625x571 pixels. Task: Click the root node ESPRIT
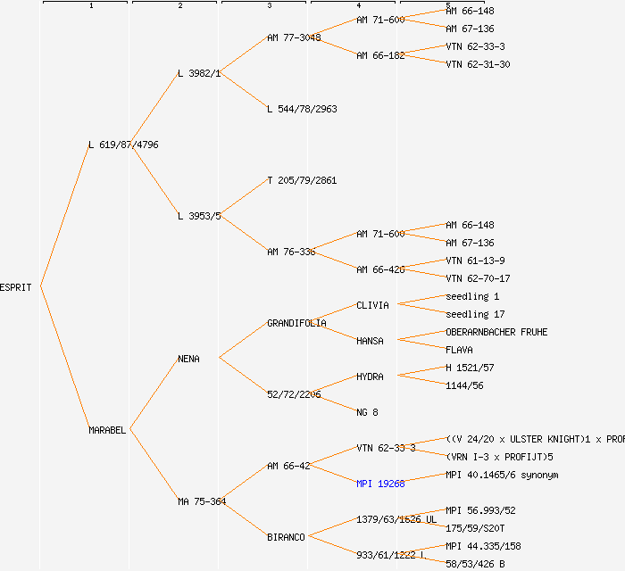click(x=16, y=287)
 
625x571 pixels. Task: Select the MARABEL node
click(x=107, y=430)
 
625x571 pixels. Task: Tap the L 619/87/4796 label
click(x=123, y=145)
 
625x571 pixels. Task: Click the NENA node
click(x=188, y=359)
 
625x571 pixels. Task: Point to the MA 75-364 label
click(x=201, y=501)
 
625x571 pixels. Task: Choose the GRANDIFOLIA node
click(x=296, y=323)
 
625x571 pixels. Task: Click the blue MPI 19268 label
click(x=380, y=484)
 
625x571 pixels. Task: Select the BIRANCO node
click(x=286, y=537)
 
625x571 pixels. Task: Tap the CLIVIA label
click(x=372, y=305)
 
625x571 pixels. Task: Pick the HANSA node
click(x=370, y=341)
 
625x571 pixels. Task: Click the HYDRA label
click(x=370, y=377)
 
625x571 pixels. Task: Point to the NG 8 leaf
click(x=367, y=412)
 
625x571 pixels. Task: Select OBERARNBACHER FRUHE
click(x=496, y=332)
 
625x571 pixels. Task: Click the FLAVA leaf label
click(x=459, y=350)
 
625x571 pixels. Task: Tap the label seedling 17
click(x=475, y=314)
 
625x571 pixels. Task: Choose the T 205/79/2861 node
click(x=302, y=180)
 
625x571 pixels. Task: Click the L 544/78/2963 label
click(x=302, y=109)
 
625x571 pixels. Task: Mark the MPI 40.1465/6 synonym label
click(x=502, y=475)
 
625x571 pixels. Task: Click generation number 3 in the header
click(x=269, y=6)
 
